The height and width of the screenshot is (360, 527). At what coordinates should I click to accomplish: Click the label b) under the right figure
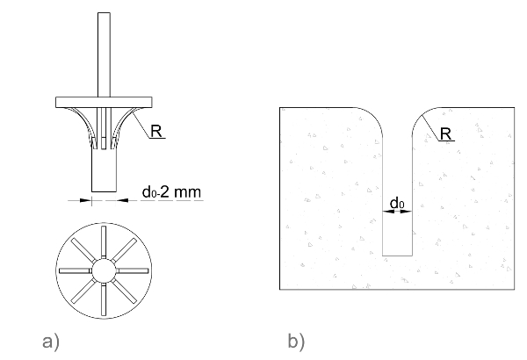[296, 340]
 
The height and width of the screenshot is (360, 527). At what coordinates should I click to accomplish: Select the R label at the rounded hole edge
[445, 134]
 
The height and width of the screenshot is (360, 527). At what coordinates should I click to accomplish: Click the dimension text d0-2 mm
[172, 191]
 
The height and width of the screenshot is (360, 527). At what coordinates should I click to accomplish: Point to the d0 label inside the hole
[397, 204]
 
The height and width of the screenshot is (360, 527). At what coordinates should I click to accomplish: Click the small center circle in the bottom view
[105, 270]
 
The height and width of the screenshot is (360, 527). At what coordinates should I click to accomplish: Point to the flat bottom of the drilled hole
[398, 256]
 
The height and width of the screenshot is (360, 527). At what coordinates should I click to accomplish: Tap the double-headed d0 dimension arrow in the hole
[398, 214]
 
